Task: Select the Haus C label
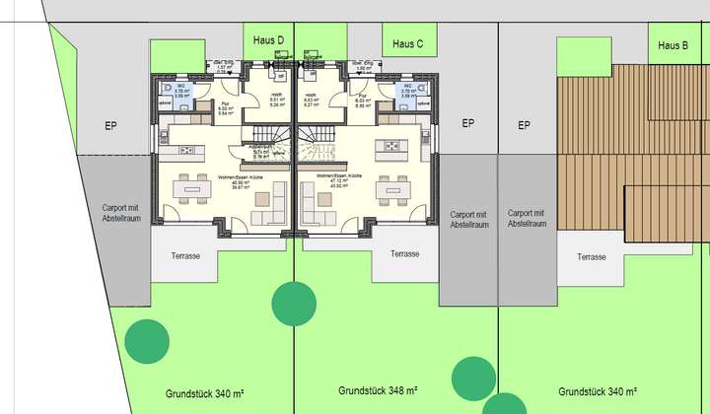coord(407,43)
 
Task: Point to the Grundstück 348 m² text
coord(380,390)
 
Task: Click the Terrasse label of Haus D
coord(185,255)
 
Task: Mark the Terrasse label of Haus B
coord(591,256)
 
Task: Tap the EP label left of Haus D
coord(111,126)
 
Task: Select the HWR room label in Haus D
coord(276,99)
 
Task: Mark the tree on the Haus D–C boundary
coord(292,304)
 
